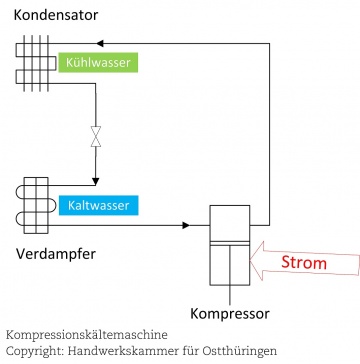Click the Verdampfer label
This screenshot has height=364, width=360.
pyautogui.click(x=56, y=256)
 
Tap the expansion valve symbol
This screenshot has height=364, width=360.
pyautogui.click(x=96, y=136)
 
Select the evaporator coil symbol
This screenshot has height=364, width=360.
pyautogui.click(x=33, y=201)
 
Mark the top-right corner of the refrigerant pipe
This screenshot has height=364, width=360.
pyautogui.click(x=274, y=44)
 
